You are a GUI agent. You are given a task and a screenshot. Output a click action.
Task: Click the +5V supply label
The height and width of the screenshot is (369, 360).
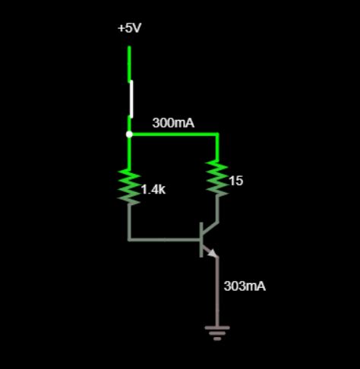point(129,28)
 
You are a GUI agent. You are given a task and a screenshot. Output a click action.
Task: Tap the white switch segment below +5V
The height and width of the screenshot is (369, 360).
point(131,99)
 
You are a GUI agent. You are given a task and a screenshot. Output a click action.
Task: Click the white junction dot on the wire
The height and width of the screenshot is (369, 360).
point(129,134)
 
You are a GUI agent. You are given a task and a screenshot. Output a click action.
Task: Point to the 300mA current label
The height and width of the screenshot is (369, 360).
point(173,122)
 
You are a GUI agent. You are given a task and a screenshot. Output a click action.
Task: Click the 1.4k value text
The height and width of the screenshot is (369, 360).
point(153,190)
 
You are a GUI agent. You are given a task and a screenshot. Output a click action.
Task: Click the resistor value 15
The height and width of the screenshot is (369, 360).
point(235,181)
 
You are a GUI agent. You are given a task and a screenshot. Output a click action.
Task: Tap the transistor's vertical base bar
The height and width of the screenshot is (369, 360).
point(202,240)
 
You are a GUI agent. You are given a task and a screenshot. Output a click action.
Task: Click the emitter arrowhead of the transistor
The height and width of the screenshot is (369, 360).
point(213,253)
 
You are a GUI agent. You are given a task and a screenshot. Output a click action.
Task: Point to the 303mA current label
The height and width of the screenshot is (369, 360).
point(245,286)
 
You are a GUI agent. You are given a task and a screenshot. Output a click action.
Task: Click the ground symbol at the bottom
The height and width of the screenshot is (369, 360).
point(217,332)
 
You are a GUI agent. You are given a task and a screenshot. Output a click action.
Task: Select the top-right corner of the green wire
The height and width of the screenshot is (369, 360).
point(218,134)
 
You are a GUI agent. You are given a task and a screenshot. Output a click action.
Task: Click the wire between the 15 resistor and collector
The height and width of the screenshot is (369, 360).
point(218,209)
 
